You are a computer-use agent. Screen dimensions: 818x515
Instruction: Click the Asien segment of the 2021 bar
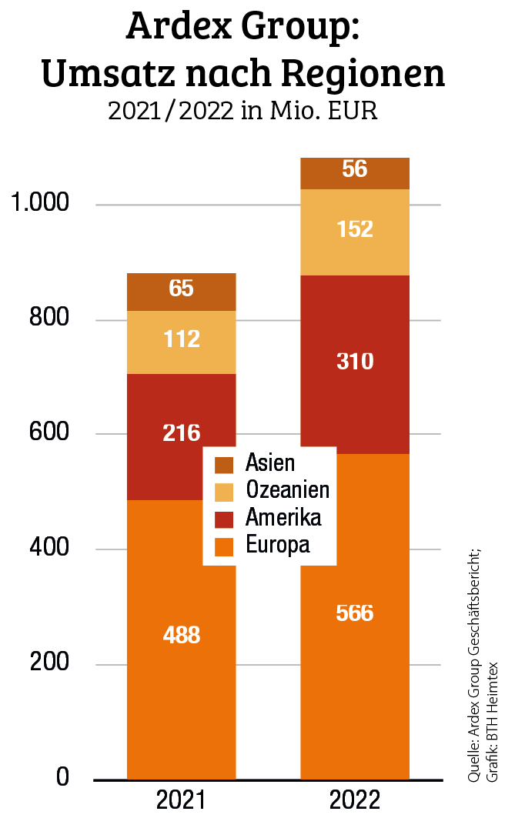point(182,292)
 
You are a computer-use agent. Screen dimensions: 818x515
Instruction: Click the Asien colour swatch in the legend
point(224,465)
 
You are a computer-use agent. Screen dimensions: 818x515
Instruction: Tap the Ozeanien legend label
point(287,490)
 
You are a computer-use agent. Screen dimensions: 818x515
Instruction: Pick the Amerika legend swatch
point(224,518)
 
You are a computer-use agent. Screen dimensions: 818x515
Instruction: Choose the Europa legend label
point(277,545)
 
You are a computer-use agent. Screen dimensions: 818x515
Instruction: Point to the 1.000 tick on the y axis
point(38,205)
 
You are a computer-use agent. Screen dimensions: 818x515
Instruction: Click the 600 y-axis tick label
point(50,434)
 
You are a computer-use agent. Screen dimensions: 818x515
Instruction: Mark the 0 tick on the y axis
point(62,778)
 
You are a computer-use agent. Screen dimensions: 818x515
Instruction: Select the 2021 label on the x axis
point(182,800)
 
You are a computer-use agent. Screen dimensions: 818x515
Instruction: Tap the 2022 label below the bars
point(355,800)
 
